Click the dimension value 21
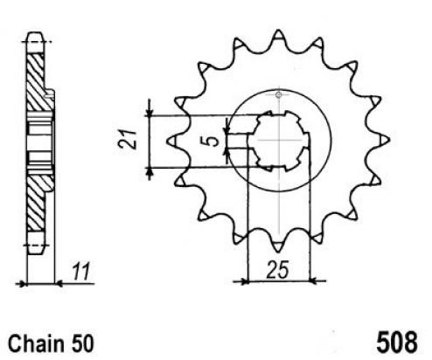tap(128, 139)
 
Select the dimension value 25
tap(278, 269)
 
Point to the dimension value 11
tap(81, 272)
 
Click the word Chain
tap(36, 344)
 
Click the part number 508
tap(397, 343)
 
